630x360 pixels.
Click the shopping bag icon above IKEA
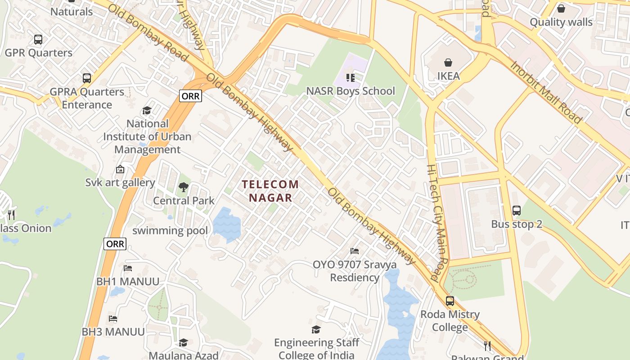pyautogui.click(x=448, y=63)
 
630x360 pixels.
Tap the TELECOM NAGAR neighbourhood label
pyautogui.click(x=270, y=191)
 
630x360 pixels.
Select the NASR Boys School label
pyautogui.click(x=350, y=91)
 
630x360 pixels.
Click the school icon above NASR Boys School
pyautogui.click(x=350, y=78)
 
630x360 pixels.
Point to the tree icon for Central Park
pyautogui.click(x=183, y=187)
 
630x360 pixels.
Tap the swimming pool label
pyautogui.click(x=170, y=231)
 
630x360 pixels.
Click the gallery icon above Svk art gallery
pyautogui.click(x=120, y=169)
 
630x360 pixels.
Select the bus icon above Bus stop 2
pyautogui.click(x=516, y=210)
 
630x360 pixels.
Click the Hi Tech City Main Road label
pyautogui.click(x=438, y=223)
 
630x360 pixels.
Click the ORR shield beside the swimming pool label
pyautogui.click(x=115, y=244)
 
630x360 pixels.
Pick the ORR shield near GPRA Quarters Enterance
pyautogui.click(x=190, y=96)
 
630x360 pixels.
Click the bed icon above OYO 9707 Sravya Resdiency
pyautogui.click(x=355, y=251)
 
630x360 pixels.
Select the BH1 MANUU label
pyautogui.click(x=128, y=282)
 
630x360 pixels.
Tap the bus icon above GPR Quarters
pyautogui.click(x=38, y=40)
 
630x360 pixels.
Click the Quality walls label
pyautogui.click(x=561, y=22)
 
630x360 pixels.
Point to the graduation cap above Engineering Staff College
pyautogui.click(x=316, y=329)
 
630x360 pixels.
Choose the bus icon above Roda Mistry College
pyautogui.click(x=450, y=301)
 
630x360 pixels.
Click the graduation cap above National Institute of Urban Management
pyautogui.click(x=147, y=110)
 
